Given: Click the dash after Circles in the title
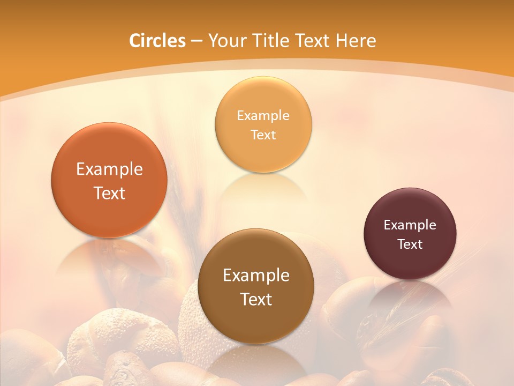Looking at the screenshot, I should pos(196,41).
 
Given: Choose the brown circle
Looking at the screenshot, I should pos(256,322).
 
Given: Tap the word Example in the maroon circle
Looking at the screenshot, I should pos(410,225).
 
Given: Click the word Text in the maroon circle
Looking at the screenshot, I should pos(410,244).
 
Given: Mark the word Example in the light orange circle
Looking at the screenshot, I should pos(263,116).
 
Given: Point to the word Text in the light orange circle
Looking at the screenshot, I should pos(263,135).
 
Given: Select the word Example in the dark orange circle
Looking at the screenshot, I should pos(109,169).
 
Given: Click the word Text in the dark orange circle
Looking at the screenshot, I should pos(109,193).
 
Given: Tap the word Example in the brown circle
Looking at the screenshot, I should pos(256,276).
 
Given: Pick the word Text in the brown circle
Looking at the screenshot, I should pos(256,299).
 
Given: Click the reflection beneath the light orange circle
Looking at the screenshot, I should pos(263,188).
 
